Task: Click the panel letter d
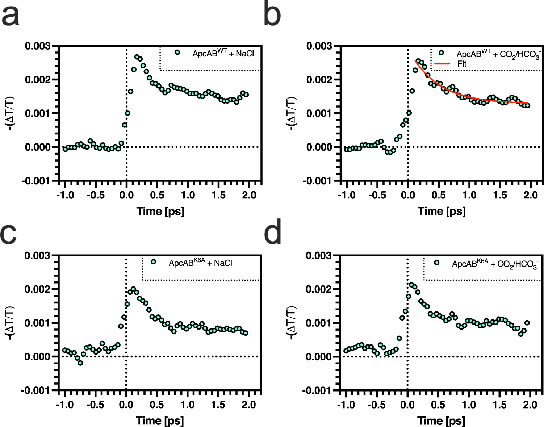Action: click(x=272, y=234)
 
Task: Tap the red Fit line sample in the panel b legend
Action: click(x=442, y=64)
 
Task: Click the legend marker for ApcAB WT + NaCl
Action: click(x=177, y=52)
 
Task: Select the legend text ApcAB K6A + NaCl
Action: click(x=200, y=263)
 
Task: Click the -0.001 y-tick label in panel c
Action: click(x=35, y=390)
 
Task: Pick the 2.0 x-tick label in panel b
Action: click(x=531, y=195)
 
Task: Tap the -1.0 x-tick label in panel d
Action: click(x=346, y=405)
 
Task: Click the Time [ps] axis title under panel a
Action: click(x=160, y=211)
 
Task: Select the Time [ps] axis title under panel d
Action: click(x=441, y=420)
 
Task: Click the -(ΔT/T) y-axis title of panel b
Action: click(x=291, y=113)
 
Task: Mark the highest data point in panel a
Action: click(x=137, y=57)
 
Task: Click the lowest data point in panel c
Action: click(x=80, y=363)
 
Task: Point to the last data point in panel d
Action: click(x=527, y=323)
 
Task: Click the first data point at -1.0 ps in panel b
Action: click(x=346, y=150)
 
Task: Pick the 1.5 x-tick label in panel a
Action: click(x=218, y=195)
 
